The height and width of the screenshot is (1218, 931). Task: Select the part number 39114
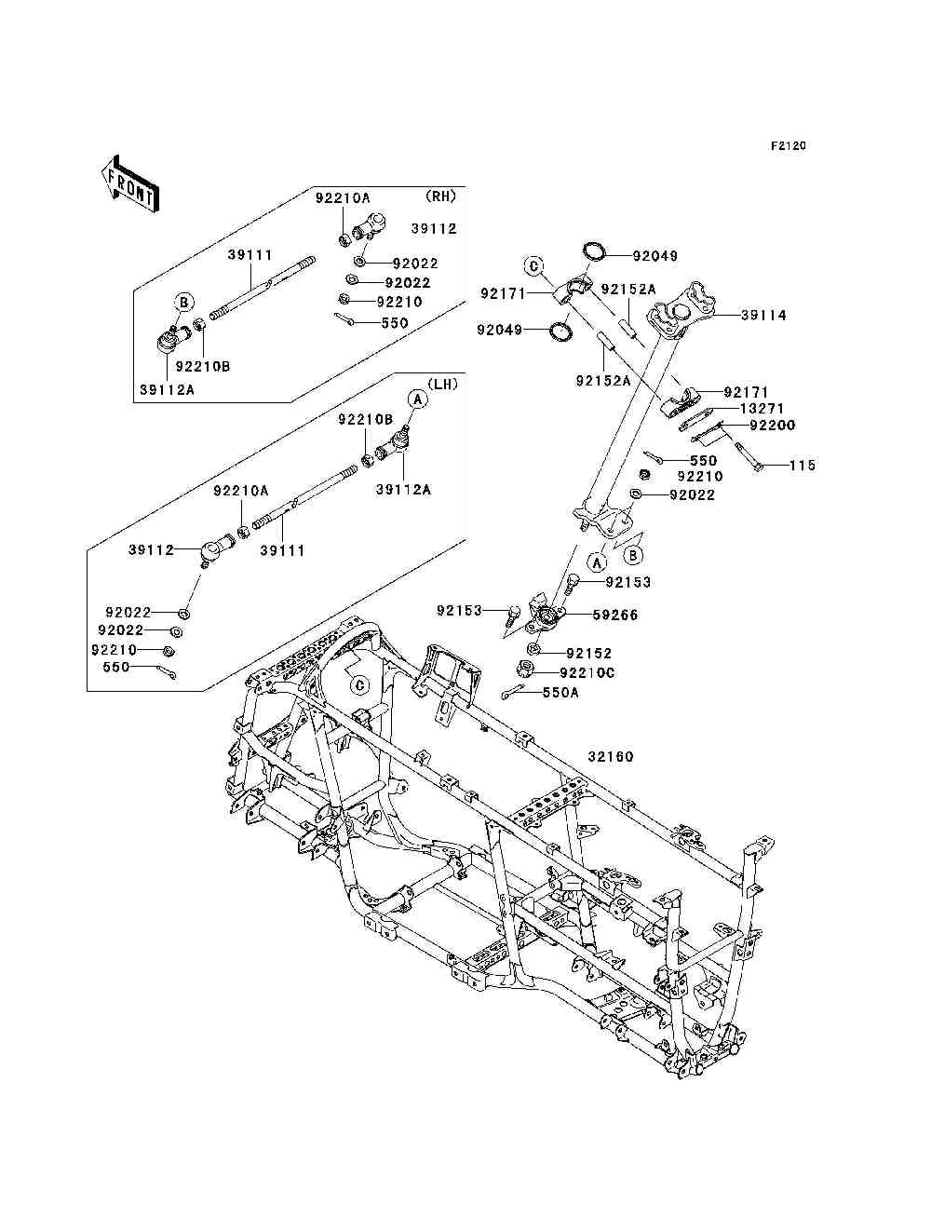763,316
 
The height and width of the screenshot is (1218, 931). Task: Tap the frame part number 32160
611,757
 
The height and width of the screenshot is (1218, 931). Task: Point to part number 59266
615,616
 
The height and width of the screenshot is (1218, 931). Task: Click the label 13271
762,409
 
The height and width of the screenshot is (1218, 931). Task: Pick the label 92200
773,426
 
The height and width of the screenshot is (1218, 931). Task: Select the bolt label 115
803,466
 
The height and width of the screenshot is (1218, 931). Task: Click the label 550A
560,692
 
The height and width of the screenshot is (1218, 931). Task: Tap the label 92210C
587,672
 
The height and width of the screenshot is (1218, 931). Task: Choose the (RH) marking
440,196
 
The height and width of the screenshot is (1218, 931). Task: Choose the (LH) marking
443,384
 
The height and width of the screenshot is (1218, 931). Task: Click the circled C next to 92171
533,265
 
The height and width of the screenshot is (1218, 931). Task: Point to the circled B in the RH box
184,302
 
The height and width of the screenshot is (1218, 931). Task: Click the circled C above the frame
358,685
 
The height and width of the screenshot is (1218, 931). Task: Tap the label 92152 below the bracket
588,654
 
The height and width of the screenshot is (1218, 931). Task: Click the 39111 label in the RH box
250,253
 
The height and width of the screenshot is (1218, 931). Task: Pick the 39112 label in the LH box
152,550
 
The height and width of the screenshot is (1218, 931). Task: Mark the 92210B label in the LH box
366,420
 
